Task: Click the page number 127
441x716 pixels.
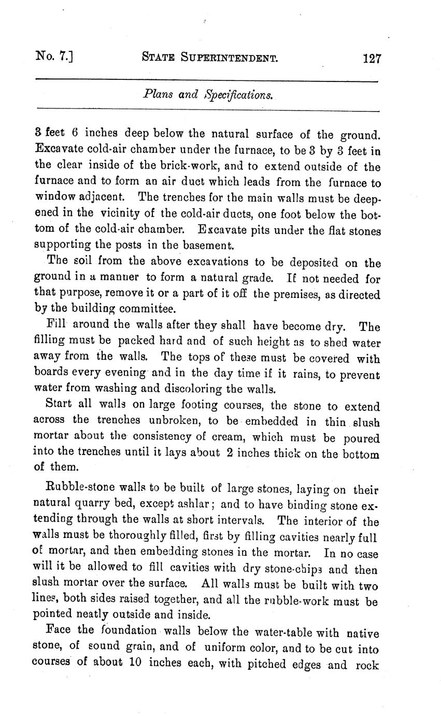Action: pos(372,58)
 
